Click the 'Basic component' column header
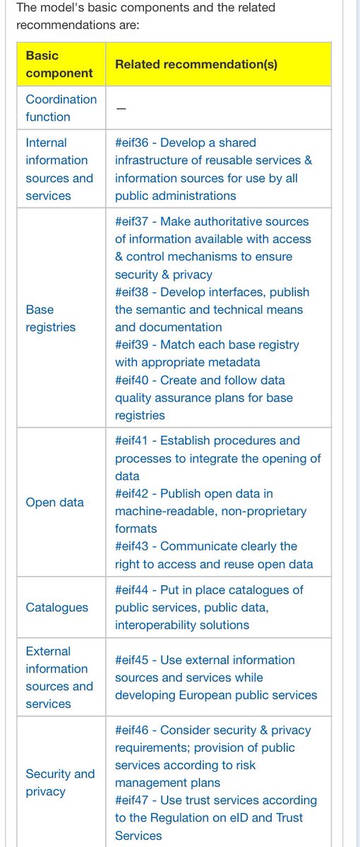coord(59,64)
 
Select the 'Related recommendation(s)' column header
coord(196,64)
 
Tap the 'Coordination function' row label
coord(61,108)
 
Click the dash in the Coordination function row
coord(121,108)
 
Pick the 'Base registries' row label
coord(50,318)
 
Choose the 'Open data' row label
coord(54,503)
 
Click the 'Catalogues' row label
coord(56,607)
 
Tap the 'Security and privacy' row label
coord(60,783)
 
